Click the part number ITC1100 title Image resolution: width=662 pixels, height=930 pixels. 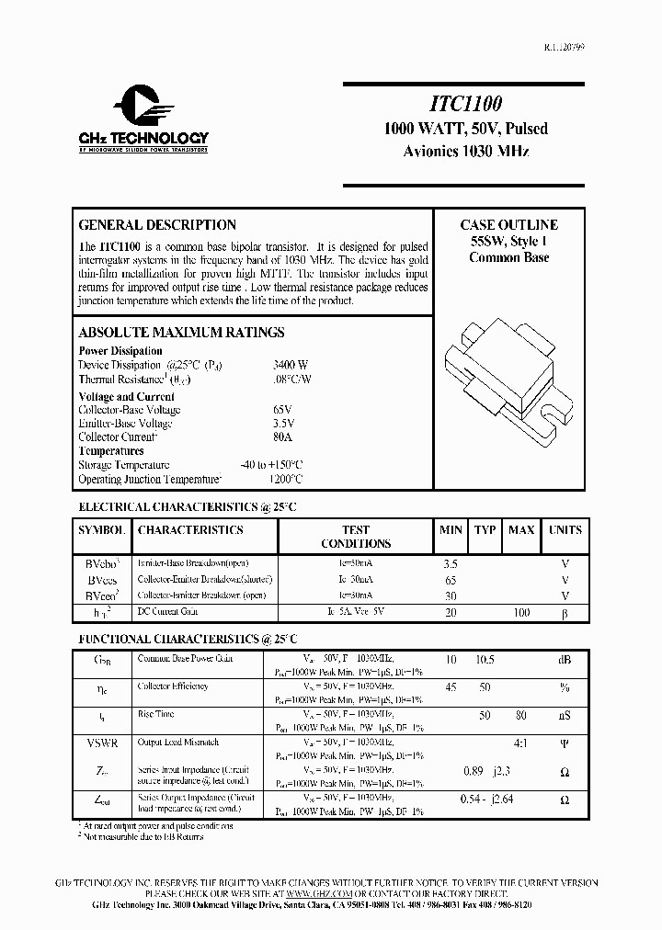[x=463, y=106]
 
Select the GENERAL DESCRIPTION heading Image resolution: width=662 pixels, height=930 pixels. [x=157, y=225]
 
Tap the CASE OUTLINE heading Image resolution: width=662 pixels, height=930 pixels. [x=508, y=225]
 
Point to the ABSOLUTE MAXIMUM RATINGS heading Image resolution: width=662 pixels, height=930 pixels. [x=181, y=333]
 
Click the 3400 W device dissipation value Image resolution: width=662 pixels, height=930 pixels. [x=291, y=365]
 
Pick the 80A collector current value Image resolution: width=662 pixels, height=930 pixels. [x=282, y=437]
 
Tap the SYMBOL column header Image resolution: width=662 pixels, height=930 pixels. [x=101, y=530]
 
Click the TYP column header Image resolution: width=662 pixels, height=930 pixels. [x=485, y=530]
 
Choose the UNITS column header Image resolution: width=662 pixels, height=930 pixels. [x=565, y=530]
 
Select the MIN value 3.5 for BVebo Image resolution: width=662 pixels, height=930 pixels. [x=450, y=563]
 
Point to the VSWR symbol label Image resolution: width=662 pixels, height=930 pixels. [x=102, y=742]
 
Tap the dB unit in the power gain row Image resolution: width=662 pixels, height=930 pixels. [x=565, y=659]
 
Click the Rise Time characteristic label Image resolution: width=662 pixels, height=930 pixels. [x=156, y=714]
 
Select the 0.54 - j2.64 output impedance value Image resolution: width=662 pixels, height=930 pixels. [x=486, y=800]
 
